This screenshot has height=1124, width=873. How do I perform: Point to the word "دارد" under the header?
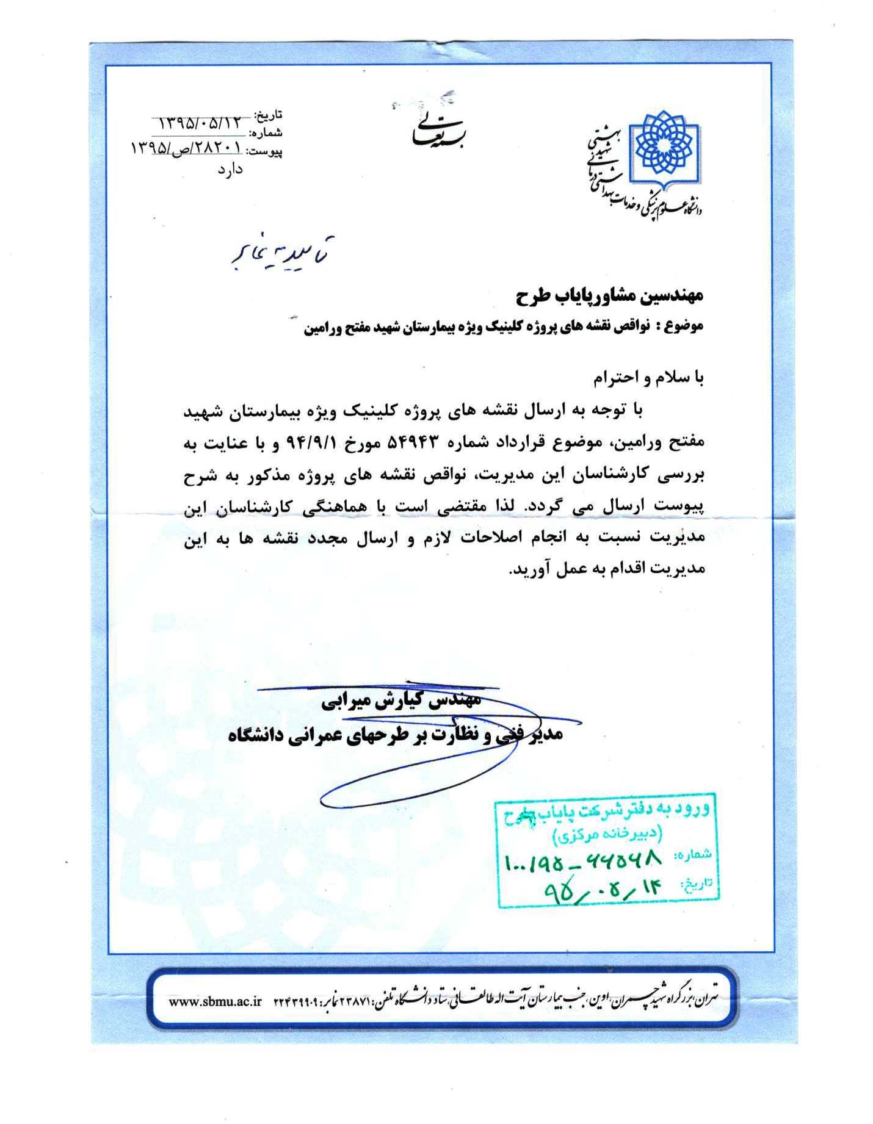pyautogui.click(x=230, y=168)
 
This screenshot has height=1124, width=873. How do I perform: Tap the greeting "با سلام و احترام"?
pyautogui.click(x=648, y=379)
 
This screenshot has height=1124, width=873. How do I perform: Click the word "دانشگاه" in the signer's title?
pyautogui.click(x=255, y=735)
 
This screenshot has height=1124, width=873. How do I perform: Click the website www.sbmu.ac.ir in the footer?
pyautogui.click(x=215, y=1001)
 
